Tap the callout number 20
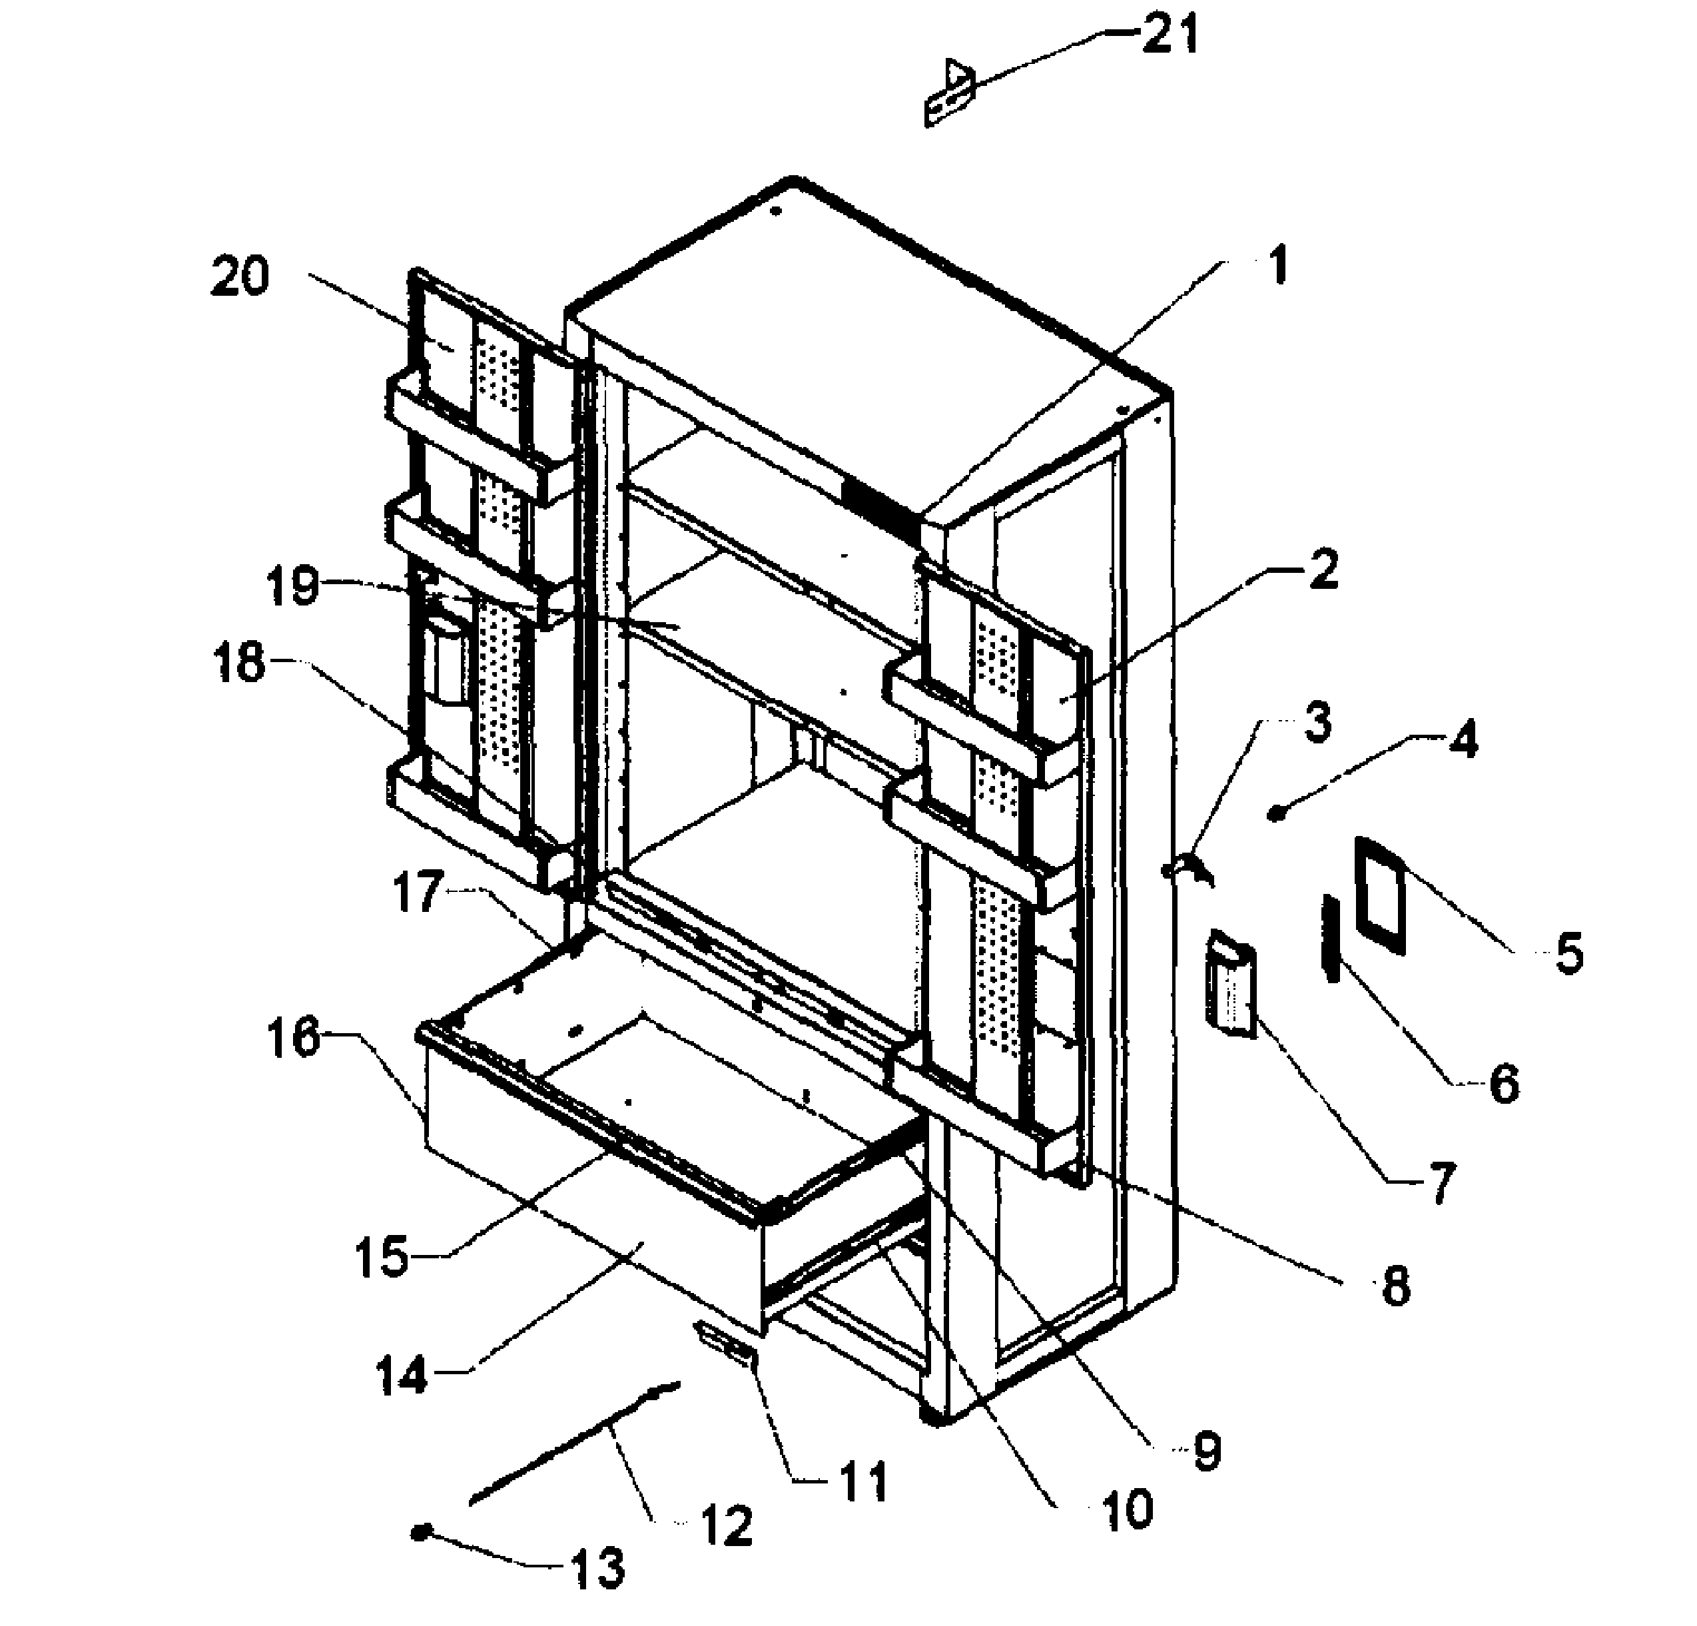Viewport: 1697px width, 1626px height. pyautogui.click(x=240, y=278)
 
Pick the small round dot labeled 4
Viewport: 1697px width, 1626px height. pyautogui.click(x=1275, y=812)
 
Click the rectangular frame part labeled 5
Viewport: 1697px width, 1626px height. pyautogui.click(x=1380, y=895)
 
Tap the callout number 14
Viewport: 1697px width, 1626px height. pyautogui.click(x=402, y=1374)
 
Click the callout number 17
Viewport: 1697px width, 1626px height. pyautogui.click(x=418, y=893)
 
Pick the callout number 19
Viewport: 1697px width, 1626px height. pyautogui.click(x=292, y=586)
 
